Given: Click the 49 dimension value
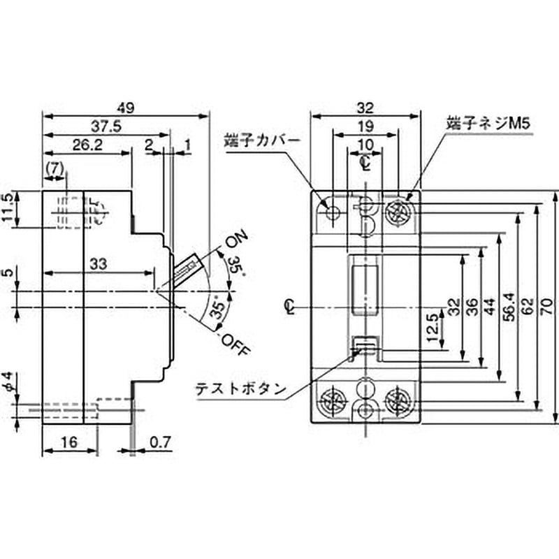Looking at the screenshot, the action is [x=126, y=108].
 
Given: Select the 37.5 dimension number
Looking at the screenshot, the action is [x=106, y=126].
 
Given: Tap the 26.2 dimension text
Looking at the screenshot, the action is [x=87, y=145].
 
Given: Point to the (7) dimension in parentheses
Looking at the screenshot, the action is [x=55, y=168].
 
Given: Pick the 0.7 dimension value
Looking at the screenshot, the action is [x=161, y=442].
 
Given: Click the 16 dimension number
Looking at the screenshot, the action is [x=68, y=442].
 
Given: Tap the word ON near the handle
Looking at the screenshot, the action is [x=236, y=239].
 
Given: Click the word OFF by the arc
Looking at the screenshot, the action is [x=234, y=344].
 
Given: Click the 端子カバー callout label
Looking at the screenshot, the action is [x=262, y=141].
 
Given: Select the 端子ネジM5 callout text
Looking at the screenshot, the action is [x=488, y=124].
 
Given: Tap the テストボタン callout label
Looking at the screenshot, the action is [x=241, y=389].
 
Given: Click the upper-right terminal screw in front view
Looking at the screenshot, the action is [x=398, y=213].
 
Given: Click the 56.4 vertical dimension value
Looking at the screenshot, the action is [x=511, y=307].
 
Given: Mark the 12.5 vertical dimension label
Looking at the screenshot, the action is [x=433, y=328].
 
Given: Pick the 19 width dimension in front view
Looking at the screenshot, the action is [x=365, y=126].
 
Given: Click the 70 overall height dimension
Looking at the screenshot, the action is [x=549, y=307].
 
